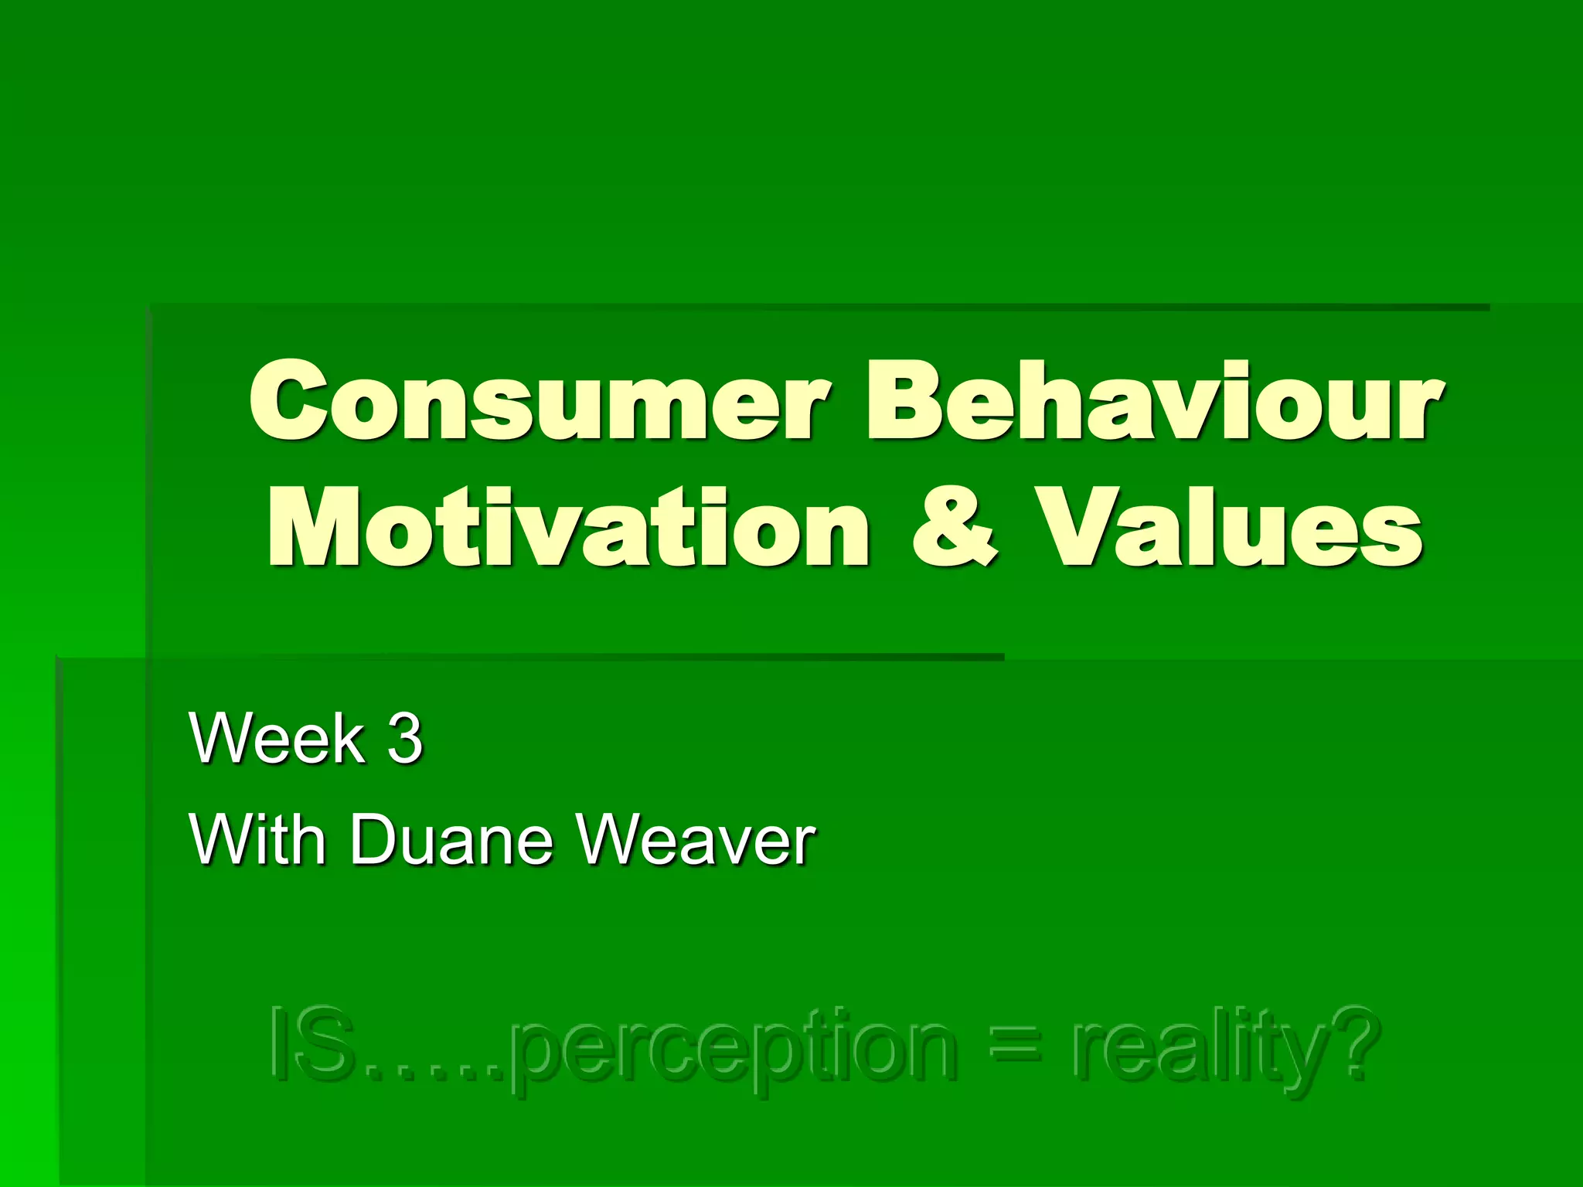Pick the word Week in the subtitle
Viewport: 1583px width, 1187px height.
(x=277, y=739)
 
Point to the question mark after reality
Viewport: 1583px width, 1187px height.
(x=1353, y=1043)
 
